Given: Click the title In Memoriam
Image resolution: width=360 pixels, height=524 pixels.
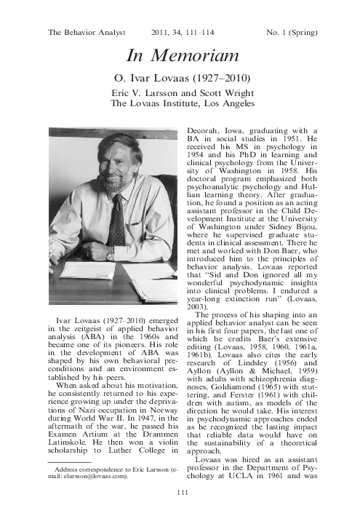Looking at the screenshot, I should (180, 55).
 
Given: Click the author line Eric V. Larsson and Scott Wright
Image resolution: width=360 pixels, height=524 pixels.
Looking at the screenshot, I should (180, 93).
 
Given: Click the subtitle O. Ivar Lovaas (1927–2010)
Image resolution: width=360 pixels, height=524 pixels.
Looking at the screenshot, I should (180, 78).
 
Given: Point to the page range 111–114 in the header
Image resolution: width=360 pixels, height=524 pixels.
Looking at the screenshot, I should (185, 32).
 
